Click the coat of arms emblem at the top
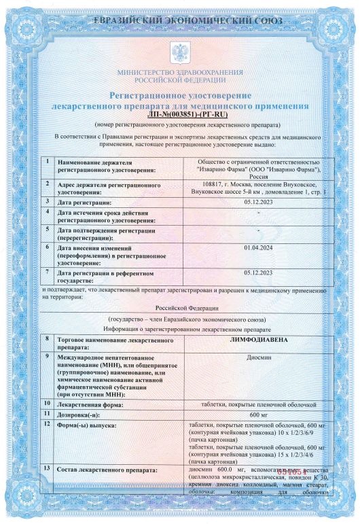180,52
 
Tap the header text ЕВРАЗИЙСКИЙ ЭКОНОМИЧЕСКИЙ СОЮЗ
180,22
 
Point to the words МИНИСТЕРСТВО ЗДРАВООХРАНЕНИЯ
180,72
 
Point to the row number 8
47,338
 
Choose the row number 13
47,469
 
